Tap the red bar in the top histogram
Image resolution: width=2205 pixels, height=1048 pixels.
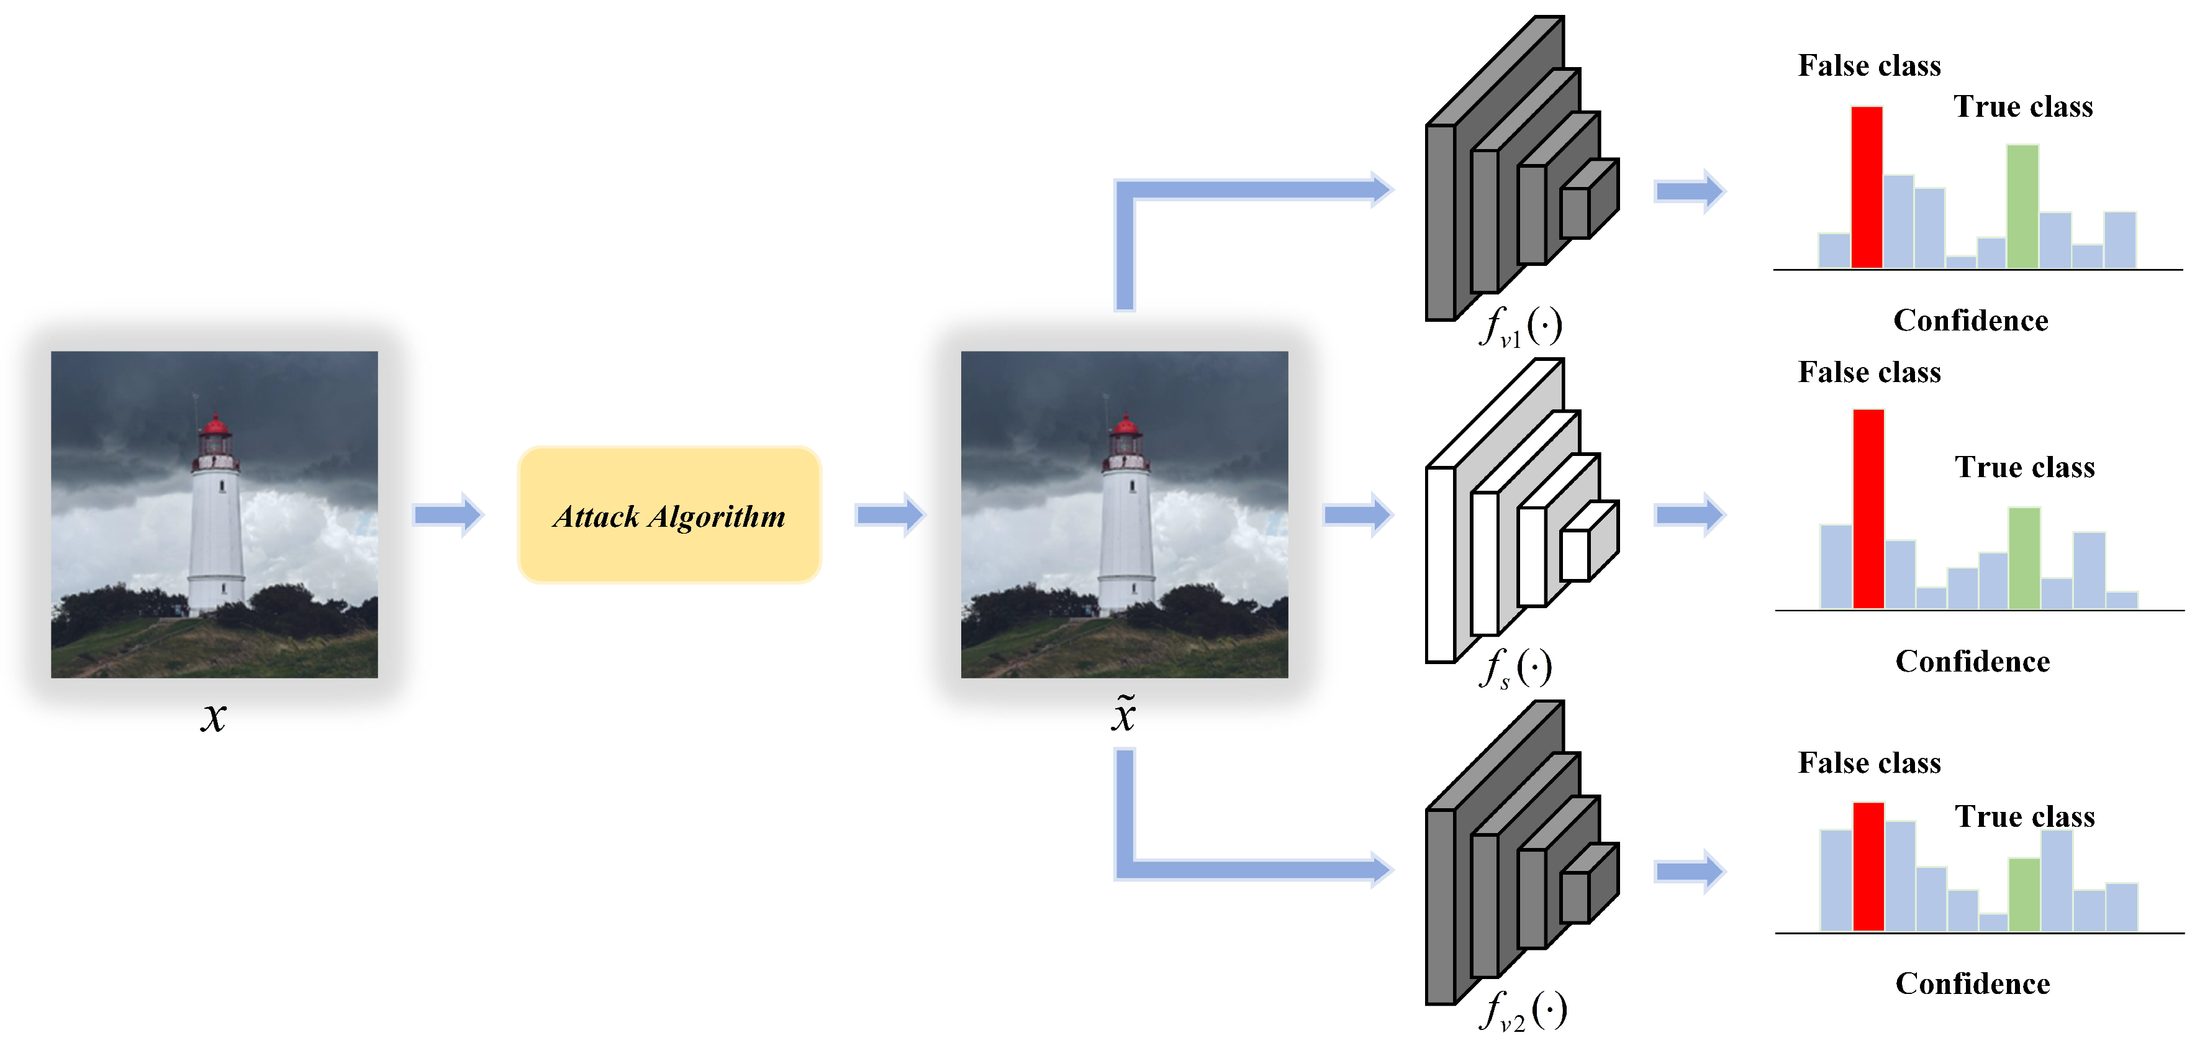[x=1866, y=188]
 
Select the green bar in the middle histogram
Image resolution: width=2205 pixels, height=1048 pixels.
[x=2024, y=558]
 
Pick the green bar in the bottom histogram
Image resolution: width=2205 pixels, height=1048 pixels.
[x=2024, y=894]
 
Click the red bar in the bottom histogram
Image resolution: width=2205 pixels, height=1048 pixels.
[x=1868, y=867]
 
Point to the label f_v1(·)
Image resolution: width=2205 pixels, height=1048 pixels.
[x=1520, y=326]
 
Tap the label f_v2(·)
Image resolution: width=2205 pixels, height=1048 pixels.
[x=1522, y=1010]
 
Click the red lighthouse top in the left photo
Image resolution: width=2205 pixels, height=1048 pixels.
[x=215, y=426]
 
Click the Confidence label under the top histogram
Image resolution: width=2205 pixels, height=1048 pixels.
[x=1970, y=320]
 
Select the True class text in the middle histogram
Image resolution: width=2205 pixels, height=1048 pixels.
[x=2024, y=467]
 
